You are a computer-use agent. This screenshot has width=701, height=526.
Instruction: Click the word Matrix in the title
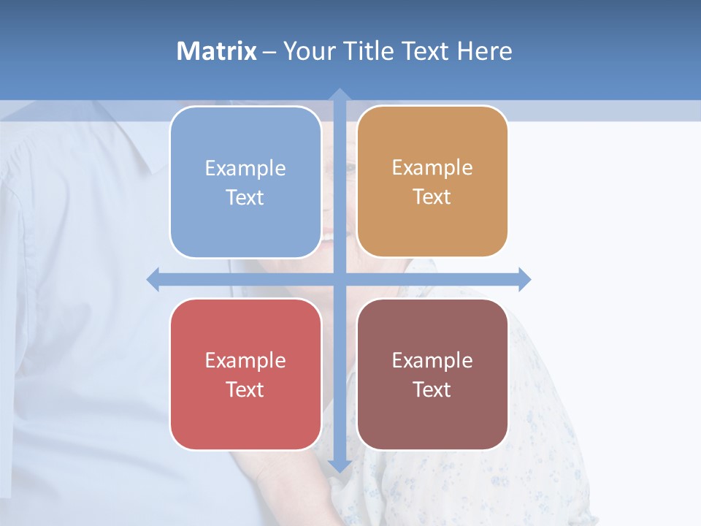217,51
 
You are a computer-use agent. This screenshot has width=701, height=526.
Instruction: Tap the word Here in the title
484,51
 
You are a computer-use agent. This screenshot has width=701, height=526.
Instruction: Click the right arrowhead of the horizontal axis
525,279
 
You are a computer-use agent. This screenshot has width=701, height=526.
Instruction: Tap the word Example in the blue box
245,169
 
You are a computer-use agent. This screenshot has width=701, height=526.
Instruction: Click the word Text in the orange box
432,197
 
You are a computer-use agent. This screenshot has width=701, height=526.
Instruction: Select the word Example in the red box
245,361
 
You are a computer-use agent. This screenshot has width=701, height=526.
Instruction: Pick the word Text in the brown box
432,389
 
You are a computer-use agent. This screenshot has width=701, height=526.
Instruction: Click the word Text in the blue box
245,198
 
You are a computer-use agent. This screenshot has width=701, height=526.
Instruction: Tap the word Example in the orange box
432,168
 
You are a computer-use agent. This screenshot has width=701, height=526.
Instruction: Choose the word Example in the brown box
432,361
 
